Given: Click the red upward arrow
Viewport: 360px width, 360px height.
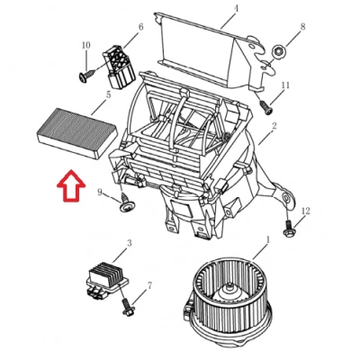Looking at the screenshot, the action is point(71,186).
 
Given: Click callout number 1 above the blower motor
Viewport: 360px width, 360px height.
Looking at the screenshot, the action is point(268,239).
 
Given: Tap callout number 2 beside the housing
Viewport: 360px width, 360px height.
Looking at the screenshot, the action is point(274,126).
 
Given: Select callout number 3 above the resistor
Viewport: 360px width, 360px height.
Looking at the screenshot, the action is point(130,243).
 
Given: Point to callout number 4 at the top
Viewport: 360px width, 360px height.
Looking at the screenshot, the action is point(236,8).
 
